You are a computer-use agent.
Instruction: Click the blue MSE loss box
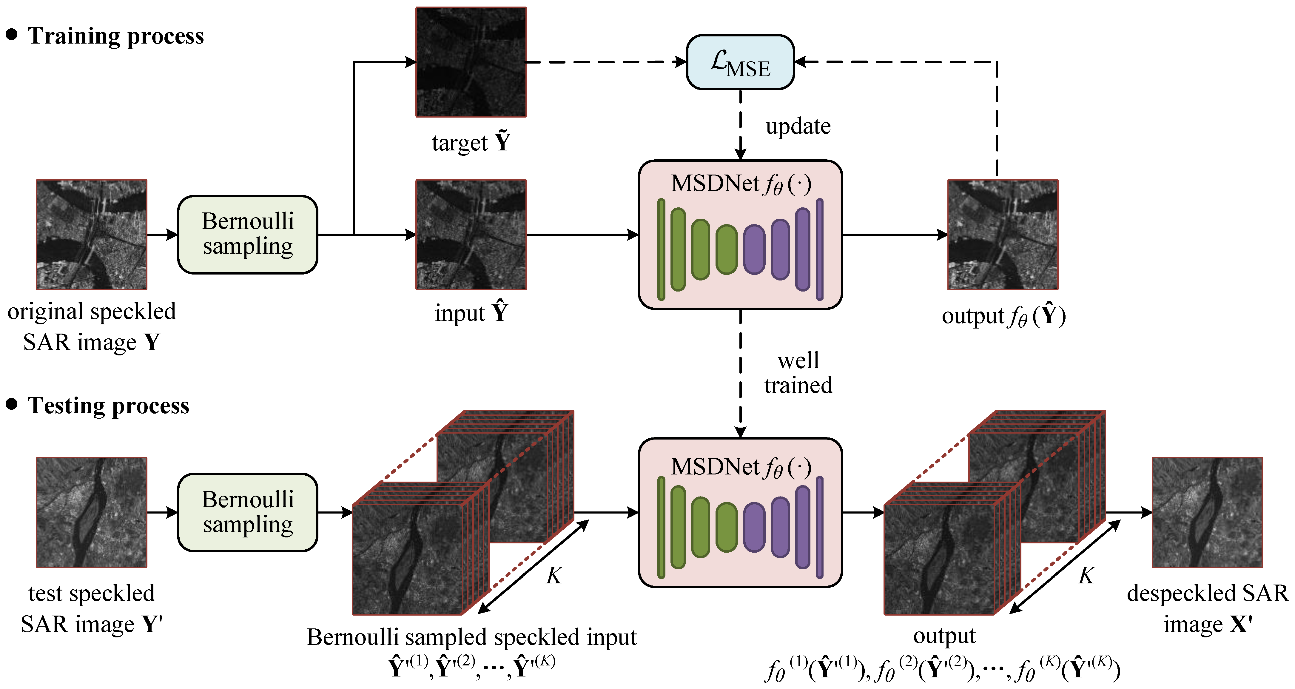pos(740,62)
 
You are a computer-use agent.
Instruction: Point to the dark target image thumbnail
pos(471,62)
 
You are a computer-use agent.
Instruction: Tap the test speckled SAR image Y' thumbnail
pos(92,512)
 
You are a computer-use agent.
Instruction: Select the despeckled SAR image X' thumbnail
pos(1207,512)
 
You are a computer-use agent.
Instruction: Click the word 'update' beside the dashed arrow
pos(798,126)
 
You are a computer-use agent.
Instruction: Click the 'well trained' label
pos(798,373)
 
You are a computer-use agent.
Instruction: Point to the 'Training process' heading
pos(116,36)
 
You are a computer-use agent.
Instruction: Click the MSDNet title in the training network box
pos(741,184)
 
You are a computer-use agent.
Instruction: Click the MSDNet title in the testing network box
pos(741,467)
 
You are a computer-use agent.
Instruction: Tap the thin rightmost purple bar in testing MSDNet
pos(819,527)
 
